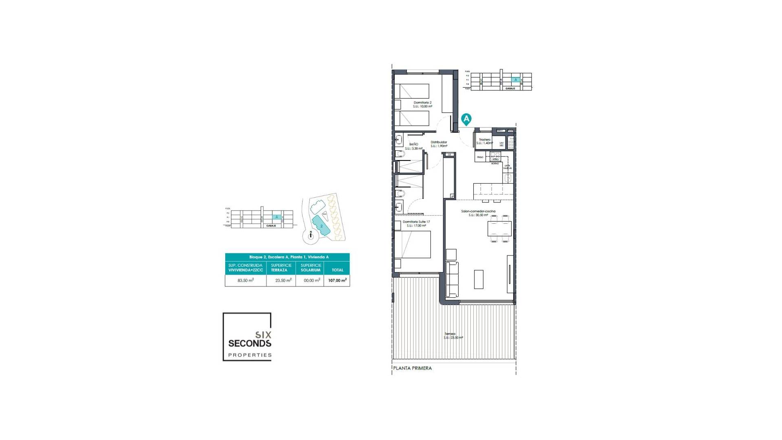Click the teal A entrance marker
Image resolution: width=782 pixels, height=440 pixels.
tap(466, 119)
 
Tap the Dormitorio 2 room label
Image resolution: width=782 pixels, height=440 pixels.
tap(422, 104)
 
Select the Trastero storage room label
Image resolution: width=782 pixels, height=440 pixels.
tap(485, 141)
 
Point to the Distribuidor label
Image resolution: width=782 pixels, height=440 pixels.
tap(439, 144)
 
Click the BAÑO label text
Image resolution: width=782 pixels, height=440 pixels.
tap(413, 146)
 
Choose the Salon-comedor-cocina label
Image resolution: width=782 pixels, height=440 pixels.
tap(478, 213)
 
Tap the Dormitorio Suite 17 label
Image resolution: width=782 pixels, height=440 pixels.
tap(416, 223)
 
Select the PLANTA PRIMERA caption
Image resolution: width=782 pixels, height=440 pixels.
tap(412, 368)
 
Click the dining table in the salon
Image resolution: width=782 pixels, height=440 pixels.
tap(499, 229)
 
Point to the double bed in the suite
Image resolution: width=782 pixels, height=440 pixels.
tap(413, 244)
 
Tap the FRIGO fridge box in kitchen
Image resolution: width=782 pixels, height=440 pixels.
tap(480, 157)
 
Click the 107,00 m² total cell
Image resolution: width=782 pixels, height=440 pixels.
tap(337, 280)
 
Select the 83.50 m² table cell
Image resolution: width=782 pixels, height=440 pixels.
tap(246, 280)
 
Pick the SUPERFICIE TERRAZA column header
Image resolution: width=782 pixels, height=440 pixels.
tap(281, 268)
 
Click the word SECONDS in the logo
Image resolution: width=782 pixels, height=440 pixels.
tap(250, 343)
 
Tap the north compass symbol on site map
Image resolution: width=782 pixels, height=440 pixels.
tap(310, 235)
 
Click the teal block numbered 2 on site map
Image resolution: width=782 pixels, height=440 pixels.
tap(321, 226)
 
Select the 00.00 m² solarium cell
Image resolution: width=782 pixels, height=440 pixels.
tap(312, 280)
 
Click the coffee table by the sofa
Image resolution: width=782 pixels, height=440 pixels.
tap(479, 279)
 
